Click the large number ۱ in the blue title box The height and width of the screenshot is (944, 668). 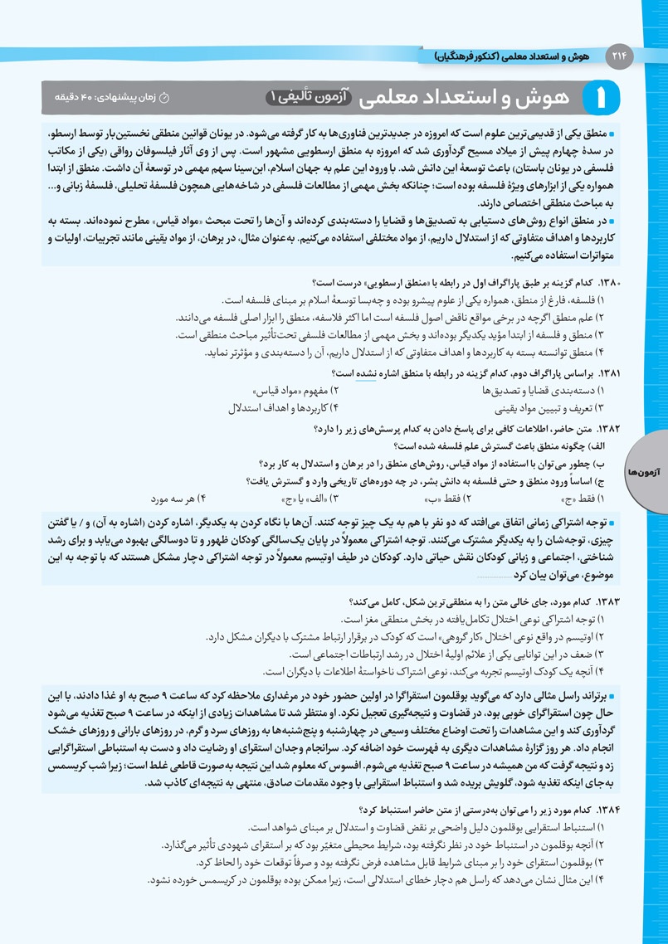612,98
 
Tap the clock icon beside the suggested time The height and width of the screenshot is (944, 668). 164,98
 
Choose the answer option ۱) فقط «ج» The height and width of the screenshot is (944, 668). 581,499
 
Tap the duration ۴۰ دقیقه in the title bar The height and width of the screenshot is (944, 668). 81,98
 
